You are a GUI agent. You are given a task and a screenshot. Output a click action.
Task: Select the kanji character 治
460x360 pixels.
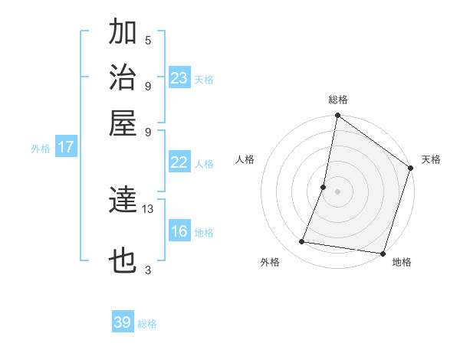(123, 77)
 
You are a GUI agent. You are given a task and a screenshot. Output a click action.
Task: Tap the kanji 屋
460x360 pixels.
(123, 123)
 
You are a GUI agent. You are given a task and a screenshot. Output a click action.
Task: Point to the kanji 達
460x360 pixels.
(123, 201)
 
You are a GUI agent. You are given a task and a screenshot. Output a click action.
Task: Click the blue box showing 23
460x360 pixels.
(179, 78)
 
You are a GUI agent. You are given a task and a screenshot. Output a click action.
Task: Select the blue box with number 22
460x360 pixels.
(179, 162)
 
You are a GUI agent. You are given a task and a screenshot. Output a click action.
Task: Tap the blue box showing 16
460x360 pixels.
(179, 232)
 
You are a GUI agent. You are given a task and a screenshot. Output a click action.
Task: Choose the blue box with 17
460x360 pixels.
(66, 147)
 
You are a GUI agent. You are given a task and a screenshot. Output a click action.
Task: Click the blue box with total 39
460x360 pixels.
(123, 322)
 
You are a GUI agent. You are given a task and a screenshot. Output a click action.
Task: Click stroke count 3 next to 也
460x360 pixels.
(148, 270)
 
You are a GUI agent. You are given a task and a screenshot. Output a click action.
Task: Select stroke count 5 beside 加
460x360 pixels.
(148, 40)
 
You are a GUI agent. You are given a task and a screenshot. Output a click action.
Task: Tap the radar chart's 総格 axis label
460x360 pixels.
(337, 100)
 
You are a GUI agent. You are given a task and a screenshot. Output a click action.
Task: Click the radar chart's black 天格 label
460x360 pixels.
(431, 159)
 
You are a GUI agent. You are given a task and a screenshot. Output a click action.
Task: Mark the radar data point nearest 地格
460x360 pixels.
(381, 253)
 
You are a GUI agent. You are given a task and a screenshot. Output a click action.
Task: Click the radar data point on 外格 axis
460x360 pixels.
(302, 242)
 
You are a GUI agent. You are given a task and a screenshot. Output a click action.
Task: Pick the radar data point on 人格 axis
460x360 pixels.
(324, 187)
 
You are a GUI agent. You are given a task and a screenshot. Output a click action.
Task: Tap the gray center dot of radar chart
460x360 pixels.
(337, 191)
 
